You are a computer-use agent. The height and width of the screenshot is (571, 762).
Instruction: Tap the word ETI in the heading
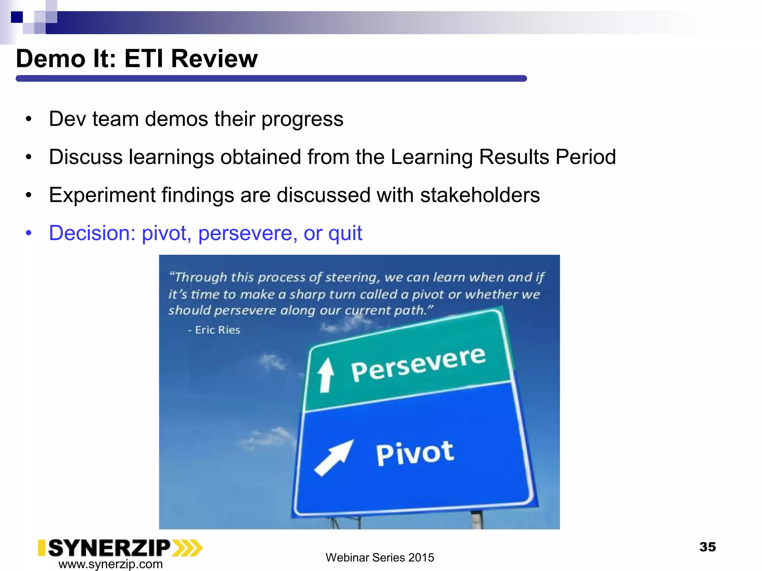point(144,59)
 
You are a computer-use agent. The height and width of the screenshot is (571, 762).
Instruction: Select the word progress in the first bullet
point(302,119)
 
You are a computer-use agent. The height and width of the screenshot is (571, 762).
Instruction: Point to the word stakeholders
point(480,195)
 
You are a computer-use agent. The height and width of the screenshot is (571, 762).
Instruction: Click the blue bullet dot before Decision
point(29,233)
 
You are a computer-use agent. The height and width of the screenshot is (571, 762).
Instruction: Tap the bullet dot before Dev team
point(29,120)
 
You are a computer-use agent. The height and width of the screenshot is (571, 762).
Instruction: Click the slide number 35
point(707,547)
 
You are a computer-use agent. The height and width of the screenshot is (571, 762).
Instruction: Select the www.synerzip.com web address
point(111,564)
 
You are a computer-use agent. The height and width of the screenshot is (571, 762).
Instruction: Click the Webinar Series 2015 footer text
point(380,558)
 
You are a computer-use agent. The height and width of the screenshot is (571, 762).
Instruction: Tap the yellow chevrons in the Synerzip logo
point(188,548)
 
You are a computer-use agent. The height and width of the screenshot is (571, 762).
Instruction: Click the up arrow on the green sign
point(326,375)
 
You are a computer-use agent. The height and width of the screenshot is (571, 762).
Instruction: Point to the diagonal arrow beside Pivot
point(333,458)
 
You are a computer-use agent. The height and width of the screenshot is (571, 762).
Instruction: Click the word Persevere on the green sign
point(418,365)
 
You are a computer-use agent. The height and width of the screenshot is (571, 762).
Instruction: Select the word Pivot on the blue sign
point(414,453)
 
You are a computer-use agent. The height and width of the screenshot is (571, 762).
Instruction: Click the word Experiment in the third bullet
point(102,195)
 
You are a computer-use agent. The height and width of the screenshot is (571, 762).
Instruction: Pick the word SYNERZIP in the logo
point(109,548)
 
